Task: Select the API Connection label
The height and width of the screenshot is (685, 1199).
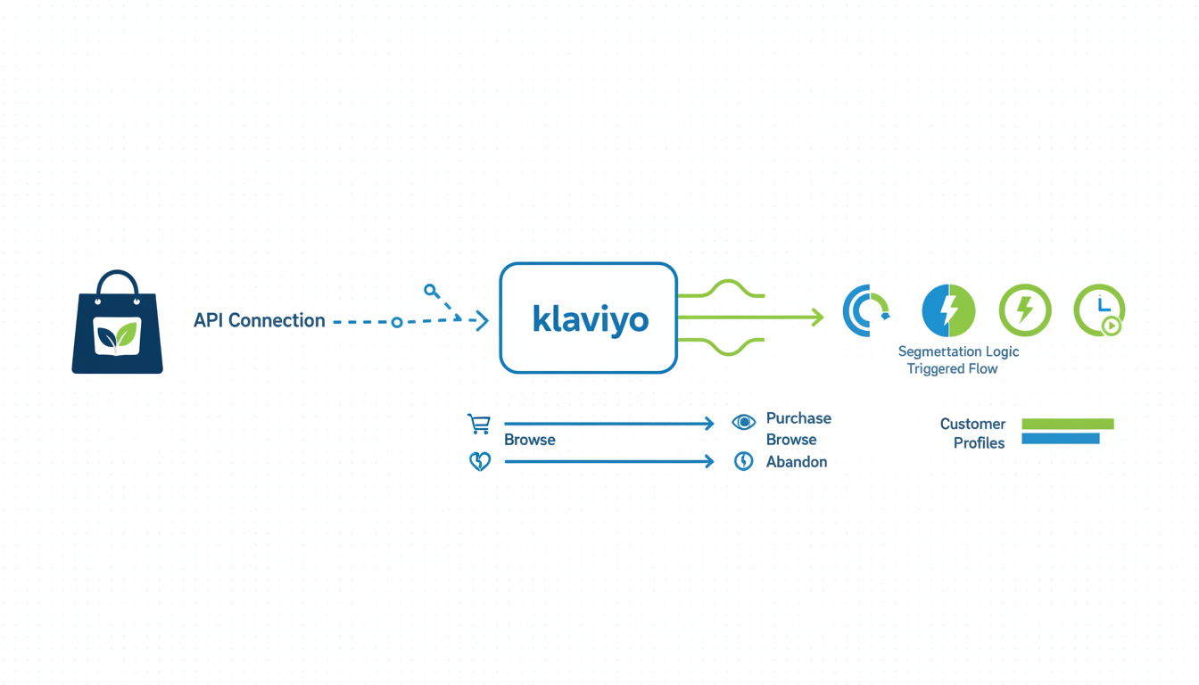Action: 259,320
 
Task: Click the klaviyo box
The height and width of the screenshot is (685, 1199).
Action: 589,318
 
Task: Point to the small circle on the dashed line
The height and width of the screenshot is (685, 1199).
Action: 397,322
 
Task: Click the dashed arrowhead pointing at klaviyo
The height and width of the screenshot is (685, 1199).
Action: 483,320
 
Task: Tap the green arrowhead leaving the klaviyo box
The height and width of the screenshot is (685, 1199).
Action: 816,317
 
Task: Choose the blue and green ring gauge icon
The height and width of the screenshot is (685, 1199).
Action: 865,310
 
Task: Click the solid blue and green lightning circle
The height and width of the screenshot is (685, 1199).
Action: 948,310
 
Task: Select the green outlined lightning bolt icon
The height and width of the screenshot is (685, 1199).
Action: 1025,310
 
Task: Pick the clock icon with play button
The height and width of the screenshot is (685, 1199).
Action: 1099,310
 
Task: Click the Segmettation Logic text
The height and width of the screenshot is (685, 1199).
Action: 958,351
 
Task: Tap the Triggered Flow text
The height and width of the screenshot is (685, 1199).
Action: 952,368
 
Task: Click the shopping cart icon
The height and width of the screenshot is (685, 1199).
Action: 479,424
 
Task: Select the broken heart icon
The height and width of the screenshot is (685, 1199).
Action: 480,461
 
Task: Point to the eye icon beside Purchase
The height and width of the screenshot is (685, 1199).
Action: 743,422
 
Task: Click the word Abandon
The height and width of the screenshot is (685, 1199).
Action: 796,462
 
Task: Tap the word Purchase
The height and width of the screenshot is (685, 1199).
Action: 798,418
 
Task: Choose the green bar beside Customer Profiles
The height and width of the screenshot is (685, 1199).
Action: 1068,424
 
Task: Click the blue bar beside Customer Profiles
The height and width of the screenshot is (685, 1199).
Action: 1061,439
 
